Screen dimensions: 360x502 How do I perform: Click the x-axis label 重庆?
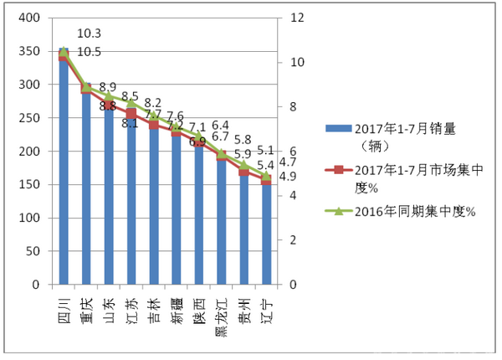pos(86,305)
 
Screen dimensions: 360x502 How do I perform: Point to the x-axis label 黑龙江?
pos(221,313)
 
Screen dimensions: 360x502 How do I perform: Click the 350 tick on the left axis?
pos(28,52)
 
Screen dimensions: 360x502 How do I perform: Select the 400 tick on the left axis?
pos(28,18)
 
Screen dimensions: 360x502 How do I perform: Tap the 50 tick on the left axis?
pos(31,251)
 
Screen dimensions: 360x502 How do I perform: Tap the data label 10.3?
pos(89,34)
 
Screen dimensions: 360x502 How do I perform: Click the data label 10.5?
pos(89,51)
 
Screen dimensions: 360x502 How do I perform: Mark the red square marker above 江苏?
pos(131,112)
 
